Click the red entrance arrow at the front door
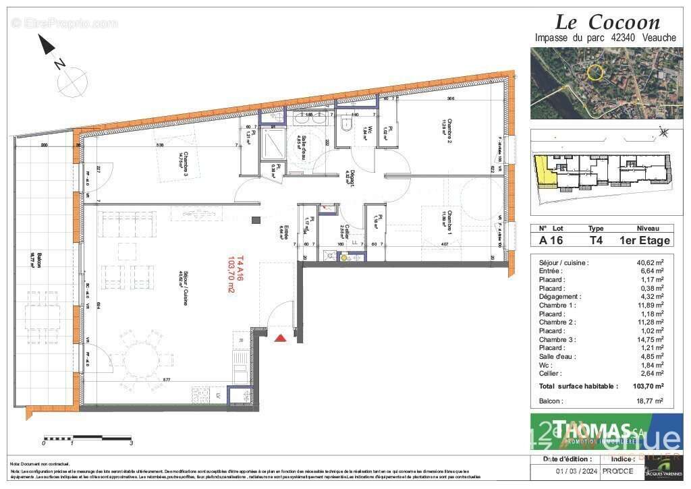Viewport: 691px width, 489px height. [x=281, y=337]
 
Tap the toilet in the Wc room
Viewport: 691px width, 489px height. [x=348, y=123]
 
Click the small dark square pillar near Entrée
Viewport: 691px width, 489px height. [x=256, y=220]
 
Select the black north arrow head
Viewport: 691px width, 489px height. [x=47, y=45]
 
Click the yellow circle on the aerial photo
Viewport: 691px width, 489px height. [x=595, y=72]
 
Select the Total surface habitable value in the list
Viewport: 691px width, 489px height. [x=649, y=386]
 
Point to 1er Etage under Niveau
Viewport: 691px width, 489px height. [x=644, y=240]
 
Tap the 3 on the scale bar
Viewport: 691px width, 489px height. [x=131, y=443]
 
